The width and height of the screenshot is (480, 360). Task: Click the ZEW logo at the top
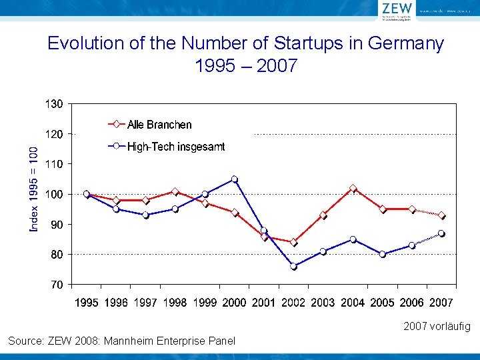397,9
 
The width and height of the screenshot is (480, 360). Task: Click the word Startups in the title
293,44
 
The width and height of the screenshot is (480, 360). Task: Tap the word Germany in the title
407,44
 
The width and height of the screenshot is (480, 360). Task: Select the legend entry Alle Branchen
159,125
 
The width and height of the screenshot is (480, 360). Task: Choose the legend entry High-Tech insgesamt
176,147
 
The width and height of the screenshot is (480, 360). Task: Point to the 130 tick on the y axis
54,104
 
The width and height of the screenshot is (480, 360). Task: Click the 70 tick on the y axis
56,285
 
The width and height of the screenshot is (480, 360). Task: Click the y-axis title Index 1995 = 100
33,190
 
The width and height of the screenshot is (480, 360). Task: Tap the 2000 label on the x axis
234,303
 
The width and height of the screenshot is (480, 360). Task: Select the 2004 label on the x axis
353,303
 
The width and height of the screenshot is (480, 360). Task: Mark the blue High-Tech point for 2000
234,179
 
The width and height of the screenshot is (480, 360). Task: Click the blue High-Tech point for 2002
293,266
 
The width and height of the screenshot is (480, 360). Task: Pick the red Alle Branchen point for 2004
353,189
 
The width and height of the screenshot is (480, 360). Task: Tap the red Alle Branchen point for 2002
293,243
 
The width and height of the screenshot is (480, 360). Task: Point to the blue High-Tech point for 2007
441,233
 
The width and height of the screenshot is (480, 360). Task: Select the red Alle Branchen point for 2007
441,215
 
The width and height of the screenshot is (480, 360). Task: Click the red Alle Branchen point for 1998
175,191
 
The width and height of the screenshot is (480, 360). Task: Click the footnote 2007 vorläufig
437,327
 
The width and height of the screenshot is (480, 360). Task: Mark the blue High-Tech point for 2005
383,254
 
